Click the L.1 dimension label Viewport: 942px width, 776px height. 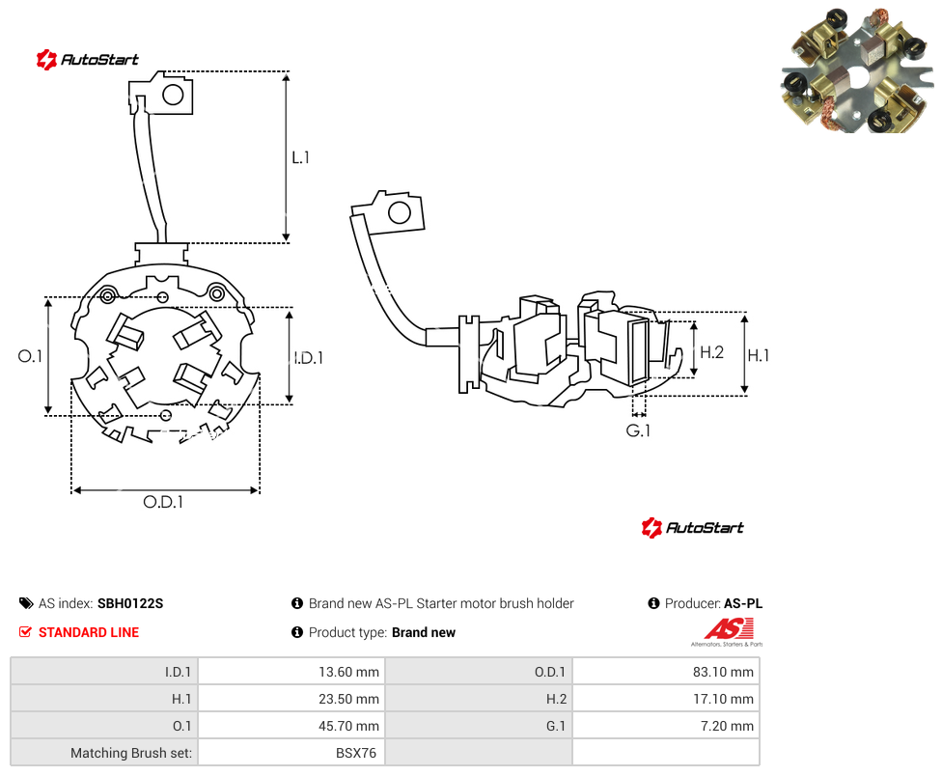(300, 157)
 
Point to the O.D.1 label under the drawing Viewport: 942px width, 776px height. (163, 502)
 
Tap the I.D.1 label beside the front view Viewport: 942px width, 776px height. (309, 358)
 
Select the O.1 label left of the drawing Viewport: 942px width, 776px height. (30, 356)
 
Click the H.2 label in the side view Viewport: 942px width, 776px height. (712, 352)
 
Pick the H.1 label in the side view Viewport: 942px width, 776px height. (759, 355)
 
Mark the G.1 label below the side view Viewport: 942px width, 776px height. (638, 430)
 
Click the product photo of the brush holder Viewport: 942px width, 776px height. (857, 69)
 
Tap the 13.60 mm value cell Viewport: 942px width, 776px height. (292, 672)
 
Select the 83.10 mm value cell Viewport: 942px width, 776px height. (666, 672)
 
